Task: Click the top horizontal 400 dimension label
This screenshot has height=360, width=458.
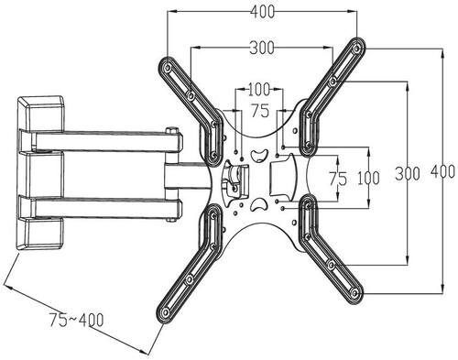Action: [262, 12]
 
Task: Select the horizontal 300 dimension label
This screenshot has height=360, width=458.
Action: [262, 48]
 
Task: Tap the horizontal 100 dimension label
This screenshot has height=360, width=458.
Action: [259, 90]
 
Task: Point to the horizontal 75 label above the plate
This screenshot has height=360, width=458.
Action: [260, 111]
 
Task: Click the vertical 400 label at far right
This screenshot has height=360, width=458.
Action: [442, 171]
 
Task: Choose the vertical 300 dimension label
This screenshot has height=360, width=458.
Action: [408, 173]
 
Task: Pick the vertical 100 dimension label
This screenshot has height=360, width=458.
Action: [368, 178]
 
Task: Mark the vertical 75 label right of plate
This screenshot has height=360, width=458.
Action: [338, 179]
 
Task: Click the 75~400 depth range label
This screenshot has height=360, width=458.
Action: [77, 320]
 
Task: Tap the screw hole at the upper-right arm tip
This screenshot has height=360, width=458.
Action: [355, 49]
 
